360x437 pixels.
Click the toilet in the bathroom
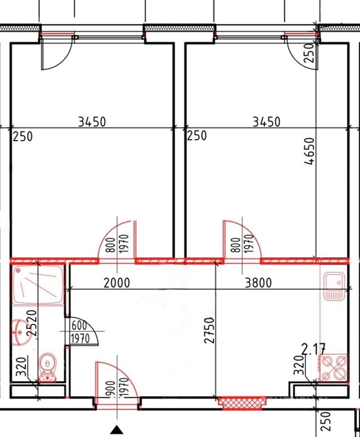[x=47, y=368]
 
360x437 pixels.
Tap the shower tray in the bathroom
[x=38, y=285]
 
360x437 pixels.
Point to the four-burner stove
[x=334, y=368]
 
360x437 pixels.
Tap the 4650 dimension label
[x=310, y=151]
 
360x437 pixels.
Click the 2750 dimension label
[x=210, y=330]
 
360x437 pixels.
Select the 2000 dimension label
[x=117, y=283]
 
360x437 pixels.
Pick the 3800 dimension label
[x=258, y=283]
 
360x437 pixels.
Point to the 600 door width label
[x=80, y=325]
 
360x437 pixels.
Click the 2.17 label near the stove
[x=314, y=350]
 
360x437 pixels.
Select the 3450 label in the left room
[x=92, y=122]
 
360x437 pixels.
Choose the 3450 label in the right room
[x=266, y=122]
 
